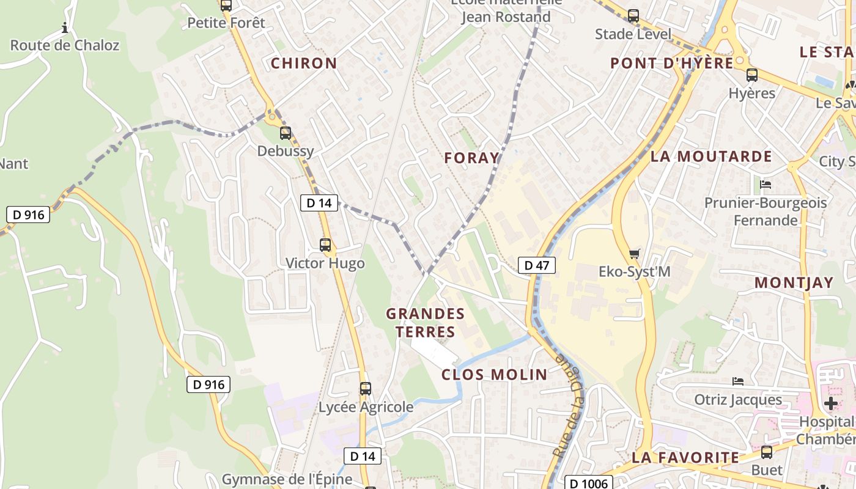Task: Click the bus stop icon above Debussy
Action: pyautogui.click(x=286, y=133)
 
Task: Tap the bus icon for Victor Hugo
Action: pyautogui.click(x=325, y=245)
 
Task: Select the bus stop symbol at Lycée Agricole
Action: pyautogui.click(x=366, y=388)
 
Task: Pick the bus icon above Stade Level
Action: pyautogui.click(x=633, y=16)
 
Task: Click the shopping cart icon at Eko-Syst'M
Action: pyautogui.click(x=635, y=253)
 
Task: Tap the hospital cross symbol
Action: pyautogui.click(x=830, y=403)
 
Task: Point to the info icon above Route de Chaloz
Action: pyautogui.click(x=65, y=28)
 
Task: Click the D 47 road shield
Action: pyautogui.click(x=537, y=265)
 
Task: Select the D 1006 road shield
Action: pyautogui.click(x=587, y=483)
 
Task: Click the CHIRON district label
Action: pyautogui.click(x=304, y=63)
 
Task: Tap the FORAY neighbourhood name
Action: pyautogui.click(x=471, y=158)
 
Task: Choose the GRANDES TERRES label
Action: pyautogui.click(x=425, y=323)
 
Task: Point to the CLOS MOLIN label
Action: pyautogui.click(x=494, y=375)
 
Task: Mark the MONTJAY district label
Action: pyautogui.click(x=794, y=282)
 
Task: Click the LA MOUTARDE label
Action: pyautogui.click(x=711, y=156)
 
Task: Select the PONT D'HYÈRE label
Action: pyautogui.click(x=671, y=63)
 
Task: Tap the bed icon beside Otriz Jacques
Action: pyautogui.click(x=738, y=381)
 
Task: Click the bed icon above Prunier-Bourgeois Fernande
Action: pyautogui.click(x=766, y=184)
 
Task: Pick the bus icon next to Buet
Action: pyautogui.click(x=766, y=452)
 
